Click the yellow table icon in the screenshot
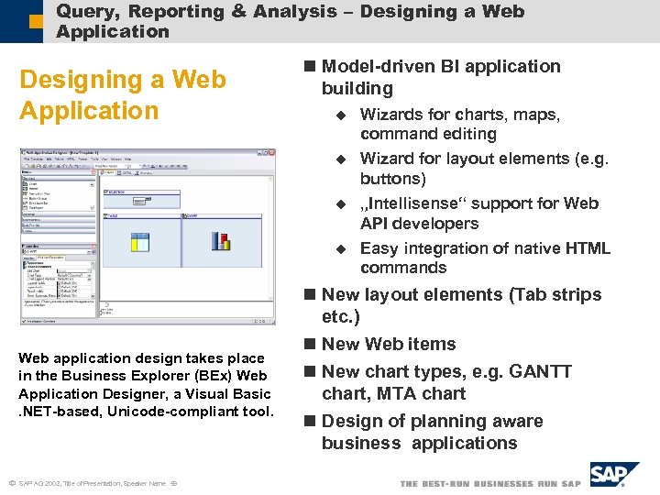point(140,241)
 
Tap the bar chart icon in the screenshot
point(220,240)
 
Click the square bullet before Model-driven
point(310,67)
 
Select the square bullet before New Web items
point(310,345)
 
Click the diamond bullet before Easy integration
point(340,248)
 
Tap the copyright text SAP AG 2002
point(45,483)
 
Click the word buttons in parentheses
point(392,179)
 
